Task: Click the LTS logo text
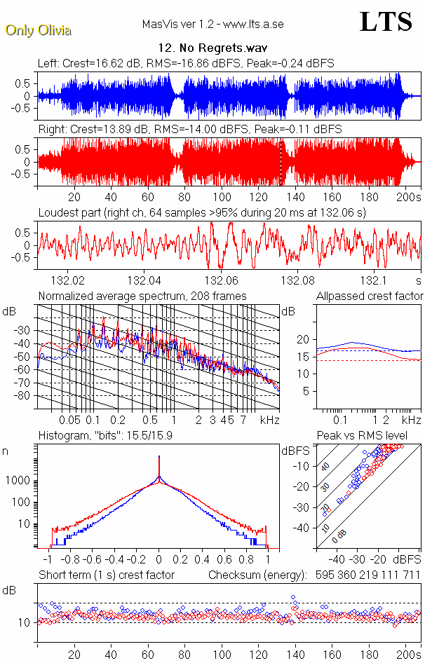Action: (x=386, y=22)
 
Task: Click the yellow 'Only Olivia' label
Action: (x=39, y=30)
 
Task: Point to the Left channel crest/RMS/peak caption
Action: (x=186, y=63)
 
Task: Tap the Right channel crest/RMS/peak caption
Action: (x=189, y=129)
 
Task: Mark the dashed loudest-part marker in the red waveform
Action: (x=281, y=163)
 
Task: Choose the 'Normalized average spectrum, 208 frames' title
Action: (x=142, y=296)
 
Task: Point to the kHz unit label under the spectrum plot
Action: (x=270, y=420)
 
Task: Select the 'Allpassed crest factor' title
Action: (x=370, y=296)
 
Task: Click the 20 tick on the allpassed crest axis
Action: (x=303, y=339)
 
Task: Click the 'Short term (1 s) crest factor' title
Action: (x=106, y=575)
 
